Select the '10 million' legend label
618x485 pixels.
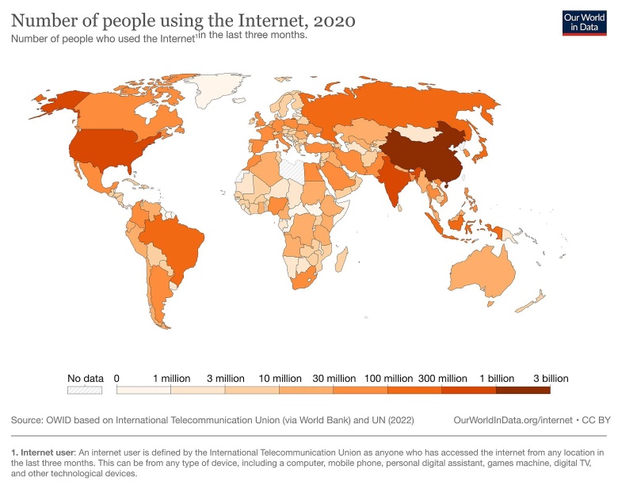280,378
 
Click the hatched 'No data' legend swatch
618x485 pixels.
86,390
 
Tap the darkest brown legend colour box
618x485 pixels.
523,390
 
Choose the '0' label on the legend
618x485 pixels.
116,378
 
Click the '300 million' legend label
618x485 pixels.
441,378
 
